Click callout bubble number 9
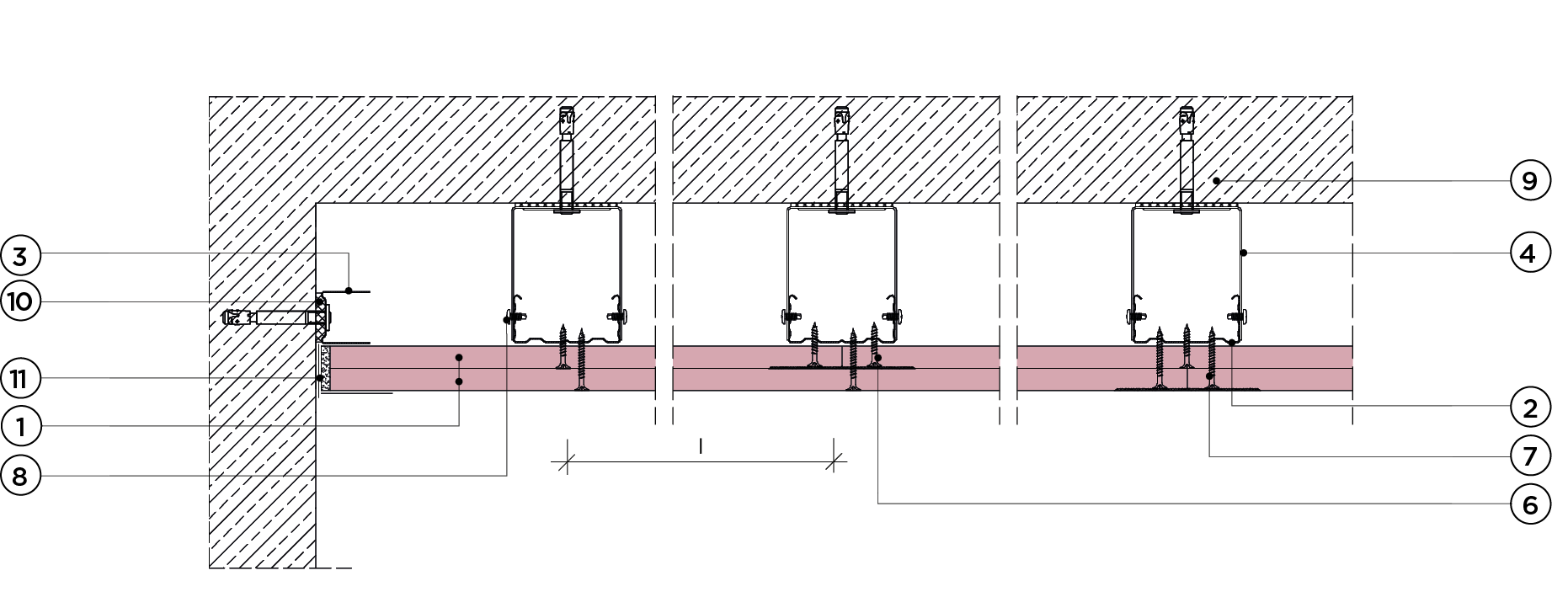[x=1529, y=181]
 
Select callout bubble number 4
[x=1529, y=253]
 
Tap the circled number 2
[x=1529, y=408]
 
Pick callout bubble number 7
[x=1529, y=456]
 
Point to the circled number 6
[x=1529, y=504]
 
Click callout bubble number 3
[x=21, y=255]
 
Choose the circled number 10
[x=21, y=301]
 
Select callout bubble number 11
[x=21, y=379]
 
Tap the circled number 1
[x=21, y=427]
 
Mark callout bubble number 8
[x=21, y=476]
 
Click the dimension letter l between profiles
[x=701, y=446]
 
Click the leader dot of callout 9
[x=1217, y=181]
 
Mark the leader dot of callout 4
[x=1244, y=253]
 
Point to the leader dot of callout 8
[x=506, y=320]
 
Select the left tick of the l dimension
[x=567, y=461]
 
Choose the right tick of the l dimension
[x=835, y=461]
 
